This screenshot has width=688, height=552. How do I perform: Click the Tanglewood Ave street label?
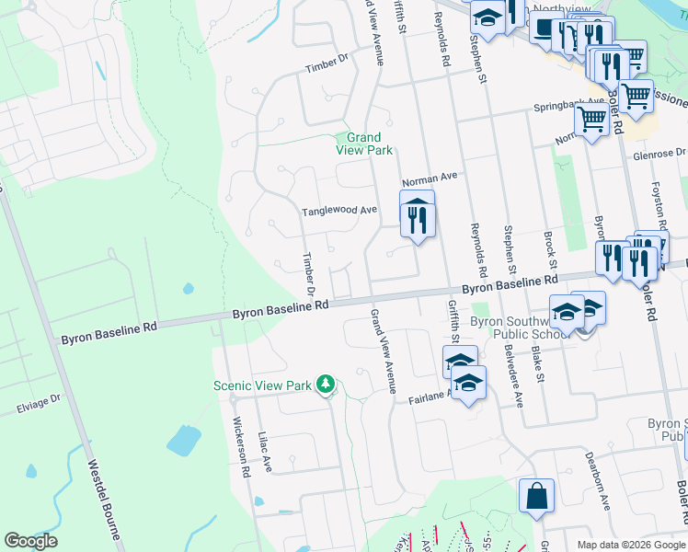coord(340,211)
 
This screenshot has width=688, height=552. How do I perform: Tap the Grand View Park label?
coord(363,144)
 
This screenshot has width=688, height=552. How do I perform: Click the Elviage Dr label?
coord(38,402)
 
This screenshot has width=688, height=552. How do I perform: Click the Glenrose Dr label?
coord(659,154)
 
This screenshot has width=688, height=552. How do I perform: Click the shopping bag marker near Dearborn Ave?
coord(536,498)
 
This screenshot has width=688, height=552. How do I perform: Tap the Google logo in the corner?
coord(30,541)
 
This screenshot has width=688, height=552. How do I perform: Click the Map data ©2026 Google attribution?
coord(630,545)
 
